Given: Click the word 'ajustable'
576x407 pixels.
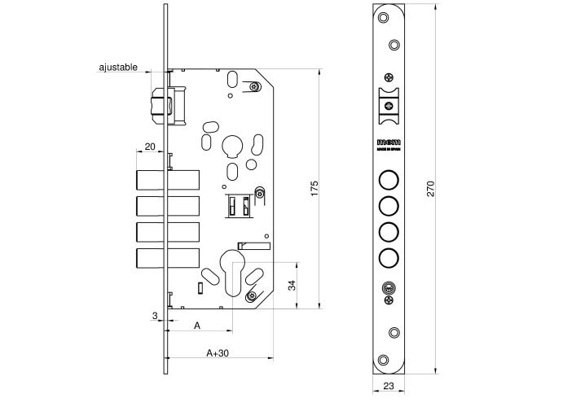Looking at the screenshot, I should point(117,68).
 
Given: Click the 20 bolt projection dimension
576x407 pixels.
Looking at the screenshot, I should point(149,146).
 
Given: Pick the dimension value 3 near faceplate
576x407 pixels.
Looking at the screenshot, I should point(153,315).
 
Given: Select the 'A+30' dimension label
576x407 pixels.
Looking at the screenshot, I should point(217,354).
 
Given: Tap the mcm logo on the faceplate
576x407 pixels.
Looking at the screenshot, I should point(388,142).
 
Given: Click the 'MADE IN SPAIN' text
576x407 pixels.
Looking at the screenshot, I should point(388,151).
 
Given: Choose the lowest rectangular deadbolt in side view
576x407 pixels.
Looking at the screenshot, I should point(167,259).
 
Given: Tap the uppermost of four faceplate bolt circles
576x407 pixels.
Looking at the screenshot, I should point(389,180).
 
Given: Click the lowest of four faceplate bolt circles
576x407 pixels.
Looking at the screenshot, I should point(389,259).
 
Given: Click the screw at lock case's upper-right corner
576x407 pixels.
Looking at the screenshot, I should point(255,85).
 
